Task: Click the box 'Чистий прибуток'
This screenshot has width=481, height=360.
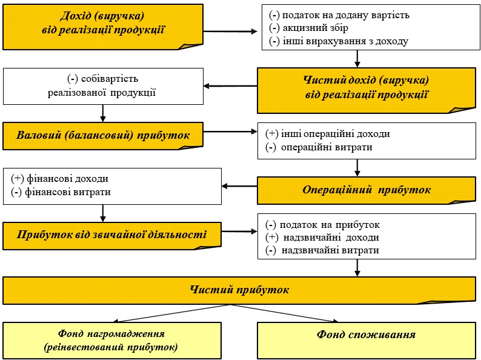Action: coord(239,290)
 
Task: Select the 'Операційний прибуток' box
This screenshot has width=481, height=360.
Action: coord(367,190)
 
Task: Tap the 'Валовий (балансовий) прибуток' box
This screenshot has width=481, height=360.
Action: coord(103,136)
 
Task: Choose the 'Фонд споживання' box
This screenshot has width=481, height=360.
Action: coord(367,340)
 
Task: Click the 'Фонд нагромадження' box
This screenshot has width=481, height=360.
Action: coord(112,340)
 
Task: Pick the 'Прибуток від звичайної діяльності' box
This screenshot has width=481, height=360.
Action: coord(112,236)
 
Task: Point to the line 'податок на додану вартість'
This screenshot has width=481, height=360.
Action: coord(339,15)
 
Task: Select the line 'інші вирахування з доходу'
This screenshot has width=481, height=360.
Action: coord(339,41)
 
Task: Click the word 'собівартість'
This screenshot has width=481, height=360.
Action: coord(110,79)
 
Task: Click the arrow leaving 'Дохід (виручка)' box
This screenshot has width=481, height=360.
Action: coord(230,32)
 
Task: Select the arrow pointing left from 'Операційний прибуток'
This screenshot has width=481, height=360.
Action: coord(239,186)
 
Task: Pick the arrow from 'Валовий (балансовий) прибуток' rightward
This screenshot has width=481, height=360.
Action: coord(230,132)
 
